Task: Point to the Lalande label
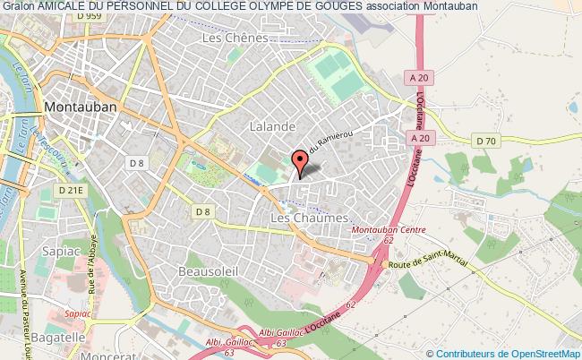(272, 127)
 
